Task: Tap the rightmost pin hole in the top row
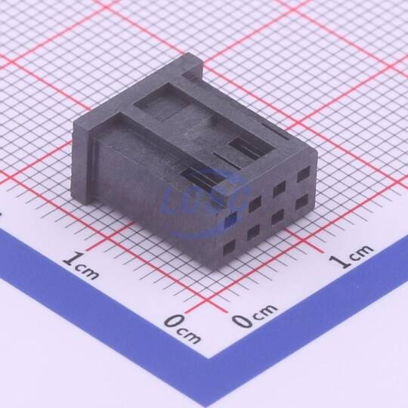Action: (x=304, y=175)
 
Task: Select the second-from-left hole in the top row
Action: (x=255, y=204)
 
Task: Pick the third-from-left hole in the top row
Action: (x=280, y=189)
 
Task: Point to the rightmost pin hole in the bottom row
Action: (x=301, y=202)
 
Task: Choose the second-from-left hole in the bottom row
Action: (x=253, y=232)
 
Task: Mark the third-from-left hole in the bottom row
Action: (x=277, y=216)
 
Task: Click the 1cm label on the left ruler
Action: (x=81, y=265)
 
